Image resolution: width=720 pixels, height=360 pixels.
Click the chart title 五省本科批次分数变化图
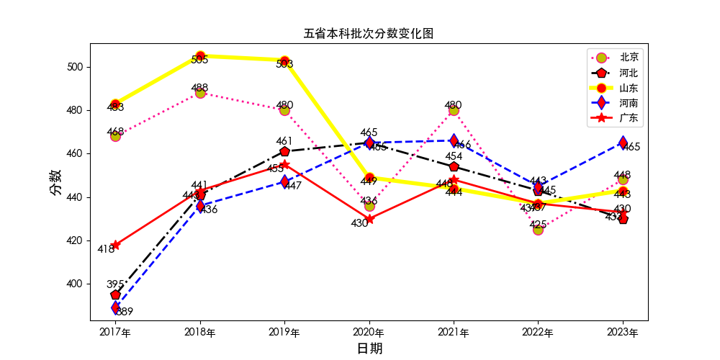368,34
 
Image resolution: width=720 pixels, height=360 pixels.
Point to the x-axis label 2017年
115,333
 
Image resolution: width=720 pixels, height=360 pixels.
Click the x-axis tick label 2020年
369,333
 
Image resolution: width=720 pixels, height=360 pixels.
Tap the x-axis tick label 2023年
623,333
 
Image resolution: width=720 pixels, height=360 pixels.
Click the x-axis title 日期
369,348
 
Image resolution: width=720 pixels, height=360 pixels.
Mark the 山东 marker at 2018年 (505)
200,56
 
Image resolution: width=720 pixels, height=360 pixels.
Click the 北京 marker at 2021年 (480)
454,110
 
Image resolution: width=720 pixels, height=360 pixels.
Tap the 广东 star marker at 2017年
115,245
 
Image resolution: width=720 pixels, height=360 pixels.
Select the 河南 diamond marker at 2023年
623,143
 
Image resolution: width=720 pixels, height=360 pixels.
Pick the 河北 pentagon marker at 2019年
284,151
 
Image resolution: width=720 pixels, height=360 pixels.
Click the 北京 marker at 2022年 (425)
538,230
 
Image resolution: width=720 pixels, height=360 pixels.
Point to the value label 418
106,249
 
